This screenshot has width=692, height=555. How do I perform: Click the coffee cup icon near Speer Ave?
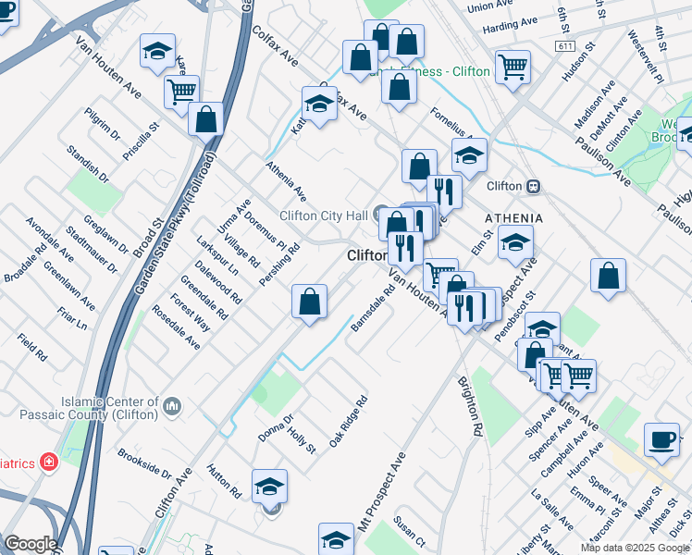(661, 439)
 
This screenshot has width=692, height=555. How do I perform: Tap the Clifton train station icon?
(533, 186)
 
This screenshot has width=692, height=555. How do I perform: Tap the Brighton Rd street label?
(470, 406)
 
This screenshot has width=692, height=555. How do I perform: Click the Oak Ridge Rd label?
(349, 419)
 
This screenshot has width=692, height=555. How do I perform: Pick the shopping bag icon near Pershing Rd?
(309, 301)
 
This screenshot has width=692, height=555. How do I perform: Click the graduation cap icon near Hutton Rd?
(269, 485)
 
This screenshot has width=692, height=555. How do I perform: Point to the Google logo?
(30, 544)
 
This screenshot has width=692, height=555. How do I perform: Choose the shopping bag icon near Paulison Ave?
(608, 275)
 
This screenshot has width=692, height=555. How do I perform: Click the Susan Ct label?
(408, 531)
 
